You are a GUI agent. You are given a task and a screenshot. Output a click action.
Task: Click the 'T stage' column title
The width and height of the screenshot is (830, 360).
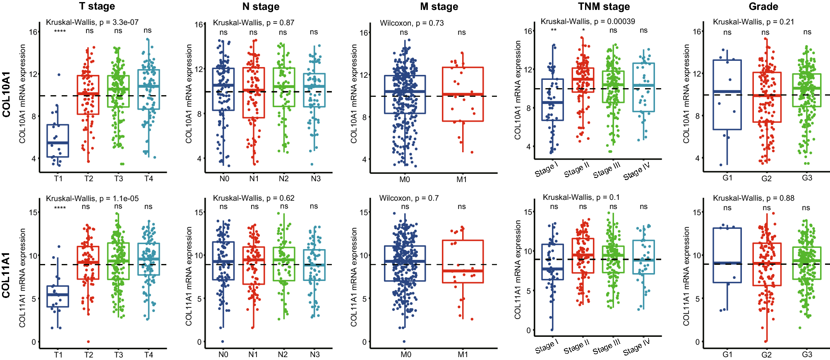click(97, 6)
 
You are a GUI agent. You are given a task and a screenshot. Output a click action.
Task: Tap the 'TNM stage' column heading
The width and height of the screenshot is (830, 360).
click(604, 7)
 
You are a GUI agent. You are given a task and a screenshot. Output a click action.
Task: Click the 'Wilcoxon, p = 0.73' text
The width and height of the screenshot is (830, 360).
click(412, 23)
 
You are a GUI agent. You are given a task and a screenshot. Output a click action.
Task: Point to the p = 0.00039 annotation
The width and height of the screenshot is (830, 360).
click(588, 21)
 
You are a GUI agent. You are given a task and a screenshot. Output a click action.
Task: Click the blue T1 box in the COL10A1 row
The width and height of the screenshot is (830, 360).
click(58, 141)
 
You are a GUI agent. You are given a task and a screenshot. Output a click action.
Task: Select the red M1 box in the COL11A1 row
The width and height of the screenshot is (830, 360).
click(463, 262)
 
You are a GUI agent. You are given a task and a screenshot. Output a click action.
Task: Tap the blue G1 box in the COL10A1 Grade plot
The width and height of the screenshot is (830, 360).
click(727, 95)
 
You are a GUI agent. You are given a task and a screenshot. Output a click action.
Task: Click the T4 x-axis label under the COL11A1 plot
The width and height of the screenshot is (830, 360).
click(149, 355)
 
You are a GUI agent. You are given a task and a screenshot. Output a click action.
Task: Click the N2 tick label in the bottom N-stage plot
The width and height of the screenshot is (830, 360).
click(283, 355)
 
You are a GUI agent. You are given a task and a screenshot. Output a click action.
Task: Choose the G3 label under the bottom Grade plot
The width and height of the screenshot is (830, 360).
click(807, 355)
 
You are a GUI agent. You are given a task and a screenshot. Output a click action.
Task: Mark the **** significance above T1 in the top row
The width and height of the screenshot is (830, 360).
click(60, 32)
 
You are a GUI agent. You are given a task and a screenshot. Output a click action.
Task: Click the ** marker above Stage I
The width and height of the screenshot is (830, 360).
click(554, 31)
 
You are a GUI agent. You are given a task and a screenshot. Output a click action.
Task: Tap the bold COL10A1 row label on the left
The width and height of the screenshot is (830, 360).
click(7, 94)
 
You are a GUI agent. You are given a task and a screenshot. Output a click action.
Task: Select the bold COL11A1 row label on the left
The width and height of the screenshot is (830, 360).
click(7, 275)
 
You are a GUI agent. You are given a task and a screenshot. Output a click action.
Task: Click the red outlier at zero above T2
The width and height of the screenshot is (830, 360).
click(88, 341)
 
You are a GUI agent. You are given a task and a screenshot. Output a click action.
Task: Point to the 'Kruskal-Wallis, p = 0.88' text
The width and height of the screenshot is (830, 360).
click(753, 198)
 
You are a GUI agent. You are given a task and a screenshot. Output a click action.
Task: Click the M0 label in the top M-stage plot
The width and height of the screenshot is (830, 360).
click(404, 180)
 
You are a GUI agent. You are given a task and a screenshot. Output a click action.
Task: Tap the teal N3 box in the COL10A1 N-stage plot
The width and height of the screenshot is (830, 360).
click(314, 90)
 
